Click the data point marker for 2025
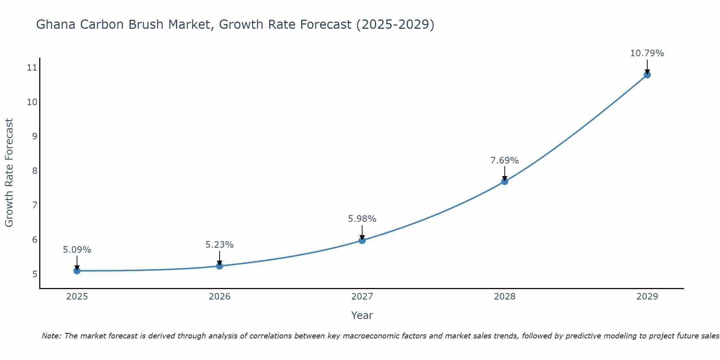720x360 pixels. (77, 271)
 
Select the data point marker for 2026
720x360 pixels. (220, 266)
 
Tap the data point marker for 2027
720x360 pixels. (362, 240)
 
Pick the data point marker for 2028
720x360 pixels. (505, 181)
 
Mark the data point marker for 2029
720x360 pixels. (647, 75)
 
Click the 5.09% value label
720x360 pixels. (77, 250)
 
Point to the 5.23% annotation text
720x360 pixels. (220, 245)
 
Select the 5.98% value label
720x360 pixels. (362, 219)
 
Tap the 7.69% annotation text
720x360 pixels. (505, 161)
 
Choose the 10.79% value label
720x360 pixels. (647, 53)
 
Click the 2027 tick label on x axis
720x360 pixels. (362, 297)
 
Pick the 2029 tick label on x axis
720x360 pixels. (647, 297)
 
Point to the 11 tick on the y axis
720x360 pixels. (32, 68)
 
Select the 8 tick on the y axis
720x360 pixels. (35, 171)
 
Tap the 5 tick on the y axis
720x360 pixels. (35, 274)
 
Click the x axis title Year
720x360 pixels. (362, 315)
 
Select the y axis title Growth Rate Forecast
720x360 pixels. (9, 172)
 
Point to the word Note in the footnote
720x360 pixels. (51, 336)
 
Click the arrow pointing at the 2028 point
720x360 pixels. (505, 174)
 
